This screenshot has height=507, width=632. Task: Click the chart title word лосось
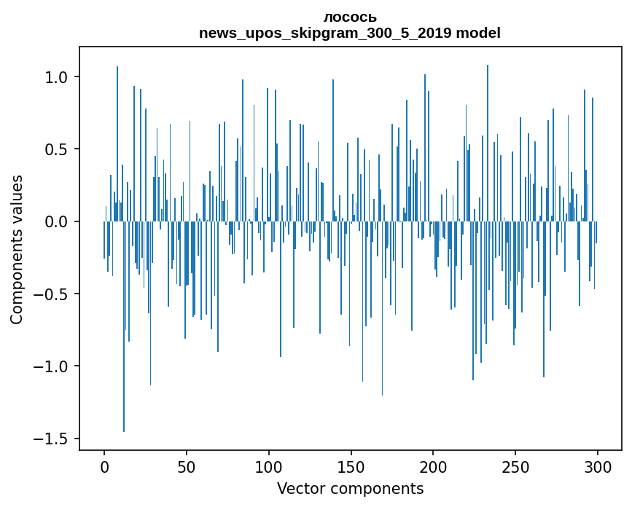pyautogui.click(x=350, y=17)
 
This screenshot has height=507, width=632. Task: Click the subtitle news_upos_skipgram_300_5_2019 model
pyautogui.click(x=350, y=33)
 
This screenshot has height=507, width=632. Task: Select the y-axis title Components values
pyautogui.click(x=17, y=249)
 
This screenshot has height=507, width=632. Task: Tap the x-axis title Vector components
pyautogui.click(x=350, y=488)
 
